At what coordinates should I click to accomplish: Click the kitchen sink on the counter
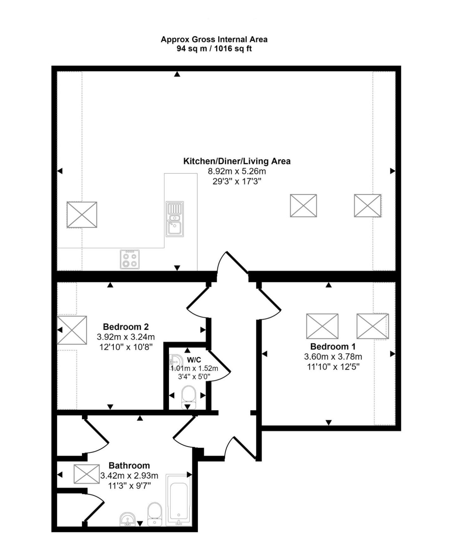[x=174, y=219]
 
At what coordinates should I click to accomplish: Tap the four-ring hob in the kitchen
[x=130, y=259]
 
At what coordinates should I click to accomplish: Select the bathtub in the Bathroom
[x=179, y=500]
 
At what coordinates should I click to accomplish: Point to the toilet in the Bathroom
[x=155, y=514]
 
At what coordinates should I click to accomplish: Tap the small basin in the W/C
[x=175, y=361]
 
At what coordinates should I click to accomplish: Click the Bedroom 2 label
[x=126, y=326]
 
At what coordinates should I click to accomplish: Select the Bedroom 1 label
[x=333, y=346]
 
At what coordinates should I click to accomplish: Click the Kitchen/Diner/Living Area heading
[x=237, y=161]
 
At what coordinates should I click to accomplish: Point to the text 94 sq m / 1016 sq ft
[x=214, y=49]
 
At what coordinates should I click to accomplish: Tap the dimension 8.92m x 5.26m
[x=237, y=171]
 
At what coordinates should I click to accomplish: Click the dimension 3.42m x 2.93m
[x=129, y=475]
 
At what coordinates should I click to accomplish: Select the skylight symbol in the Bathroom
[x=86, y=474]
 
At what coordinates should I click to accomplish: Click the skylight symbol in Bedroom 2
[x=72, y=330]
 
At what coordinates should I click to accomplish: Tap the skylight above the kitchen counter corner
[x=82, y=215]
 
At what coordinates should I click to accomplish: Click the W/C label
[x=194, y=360]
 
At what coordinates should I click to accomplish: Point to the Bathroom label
[x=129, y=465]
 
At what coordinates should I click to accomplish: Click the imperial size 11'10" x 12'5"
[x=333, y=367]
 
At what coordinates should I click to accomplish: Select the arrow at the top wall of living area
[x=177, y=74]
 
